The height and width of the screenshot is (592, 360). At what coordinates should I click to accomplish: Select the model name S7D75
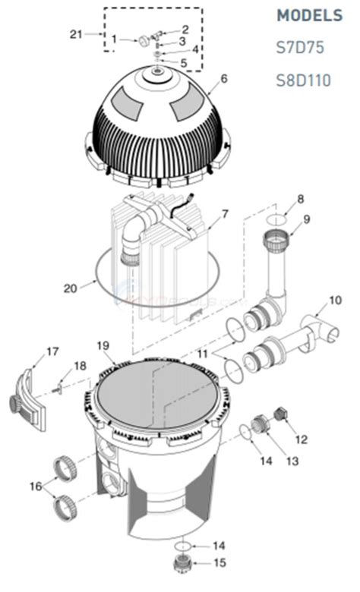pos(299,47)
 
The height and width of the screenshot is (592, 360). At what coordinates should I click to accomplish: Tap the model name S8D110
pos(304,80)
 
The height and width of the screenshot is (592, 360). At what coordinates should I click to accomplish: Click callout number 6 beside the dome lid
pos(224,77)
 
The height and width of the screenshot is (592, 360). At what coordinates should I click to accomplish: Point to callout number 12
pos(302,438)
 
